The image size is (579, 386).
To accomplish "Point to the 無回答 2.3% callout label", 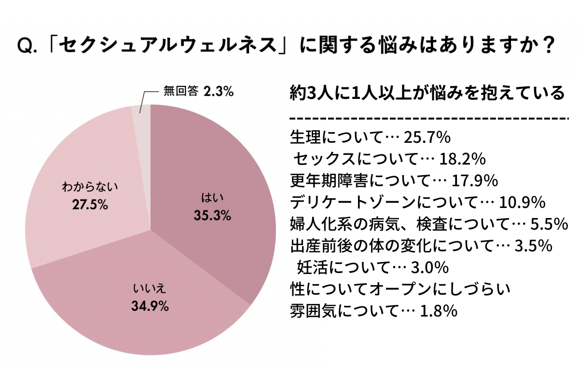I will pos(198,91).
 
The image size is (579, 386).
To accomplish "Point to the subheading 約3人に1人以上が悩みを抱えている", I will pos(427,93).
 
